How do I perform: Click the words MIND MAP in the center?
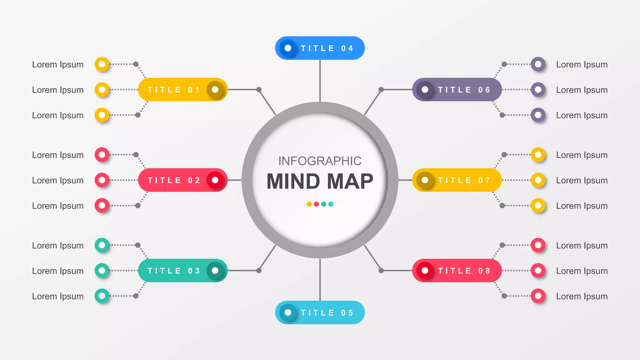point(320,181)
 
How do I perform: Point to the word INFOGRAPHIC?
point(320,161)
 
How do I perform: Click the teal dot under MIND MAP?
point(323,204)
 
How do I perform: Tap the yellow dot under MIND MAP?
point(309,204)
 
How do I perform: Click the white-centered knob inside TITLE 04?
point(288,48)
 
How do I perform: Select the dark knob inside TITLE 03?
point(215,271)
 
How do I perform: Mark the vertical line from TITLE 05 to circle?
point(320,280)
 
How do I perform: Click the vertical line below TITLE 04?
point(320,81)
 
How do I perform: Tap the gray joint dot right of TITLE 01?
point(259,90)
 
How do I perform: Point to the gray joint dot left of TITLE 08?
point(381,271)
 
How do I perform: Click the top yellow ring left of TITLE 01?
point(102,64)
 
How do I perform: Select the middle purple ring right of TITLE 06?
point(538,90)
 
